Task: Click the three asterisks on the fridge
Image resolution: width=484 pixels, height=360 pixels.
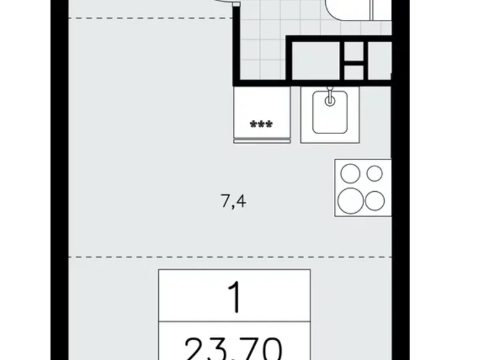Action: click(261, 125)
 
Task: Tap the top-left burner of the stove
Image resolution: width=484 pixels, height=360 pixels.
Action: click(351, 174)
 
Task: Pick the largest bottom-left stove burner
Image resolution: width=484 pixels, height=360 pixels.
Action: click(351, 199)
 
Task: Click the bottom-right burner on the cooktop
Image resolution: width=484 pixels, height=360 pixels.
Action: click(375, 200)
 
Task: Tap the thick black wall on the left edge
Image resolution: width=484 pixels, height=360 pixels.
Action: click(60, 186)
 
